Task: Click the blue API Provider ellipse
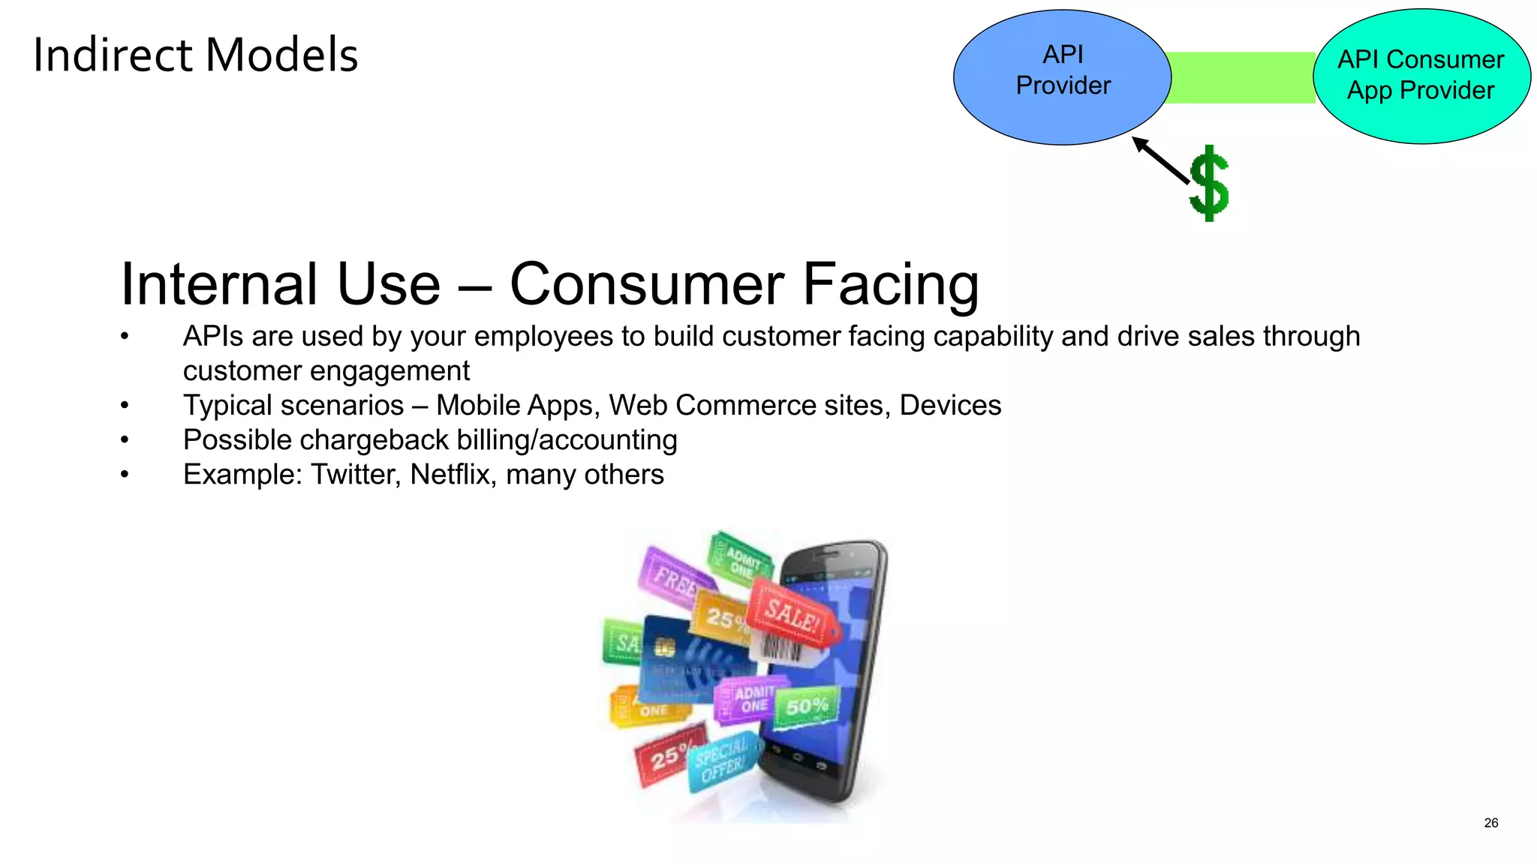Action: (x=1062, y=77)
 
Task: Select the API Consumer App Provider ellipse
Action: (x=1421, y=76)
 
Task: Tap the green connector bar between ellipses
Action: (x=1242, y=77)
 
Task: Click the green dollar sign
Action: (x=1209, y=184)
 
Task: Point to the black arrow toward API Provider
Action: (x=1161, y=160)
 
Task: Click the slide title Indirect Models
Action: (x=195, y=55)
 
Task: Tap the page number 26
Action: (x=1490, y=823)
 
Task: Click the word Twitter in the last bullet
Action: (x=355, y=475)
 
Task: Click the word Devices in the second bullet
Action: (x=950, y=406)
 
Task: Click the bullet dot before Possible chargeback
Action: (x=125, y=440)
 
